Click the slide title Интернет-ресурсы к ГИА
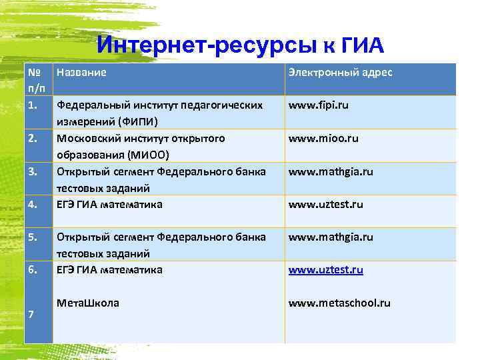point(240,45)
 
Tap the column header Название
point(81,72)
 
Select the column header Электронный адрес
point(340,72)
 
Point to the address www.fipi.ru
point(318,105)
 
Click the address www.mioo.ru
point(323,139)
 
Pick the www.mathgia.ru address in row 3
point(330,171)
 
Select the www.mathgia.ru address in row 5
point(330,237)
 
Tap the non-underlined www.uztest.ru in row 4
point(325,205)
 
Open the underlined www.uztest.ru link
point(325,270)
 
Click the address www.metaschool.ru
point(339,303)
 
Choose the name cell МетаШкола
point(88,303)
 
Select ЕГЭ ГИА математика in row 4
point(109,205)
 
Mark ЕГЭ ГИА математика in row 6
point(109,270)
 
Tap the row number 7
point(32,314)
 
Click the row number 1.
point(33,105)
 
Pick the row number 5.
point(33,237)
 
